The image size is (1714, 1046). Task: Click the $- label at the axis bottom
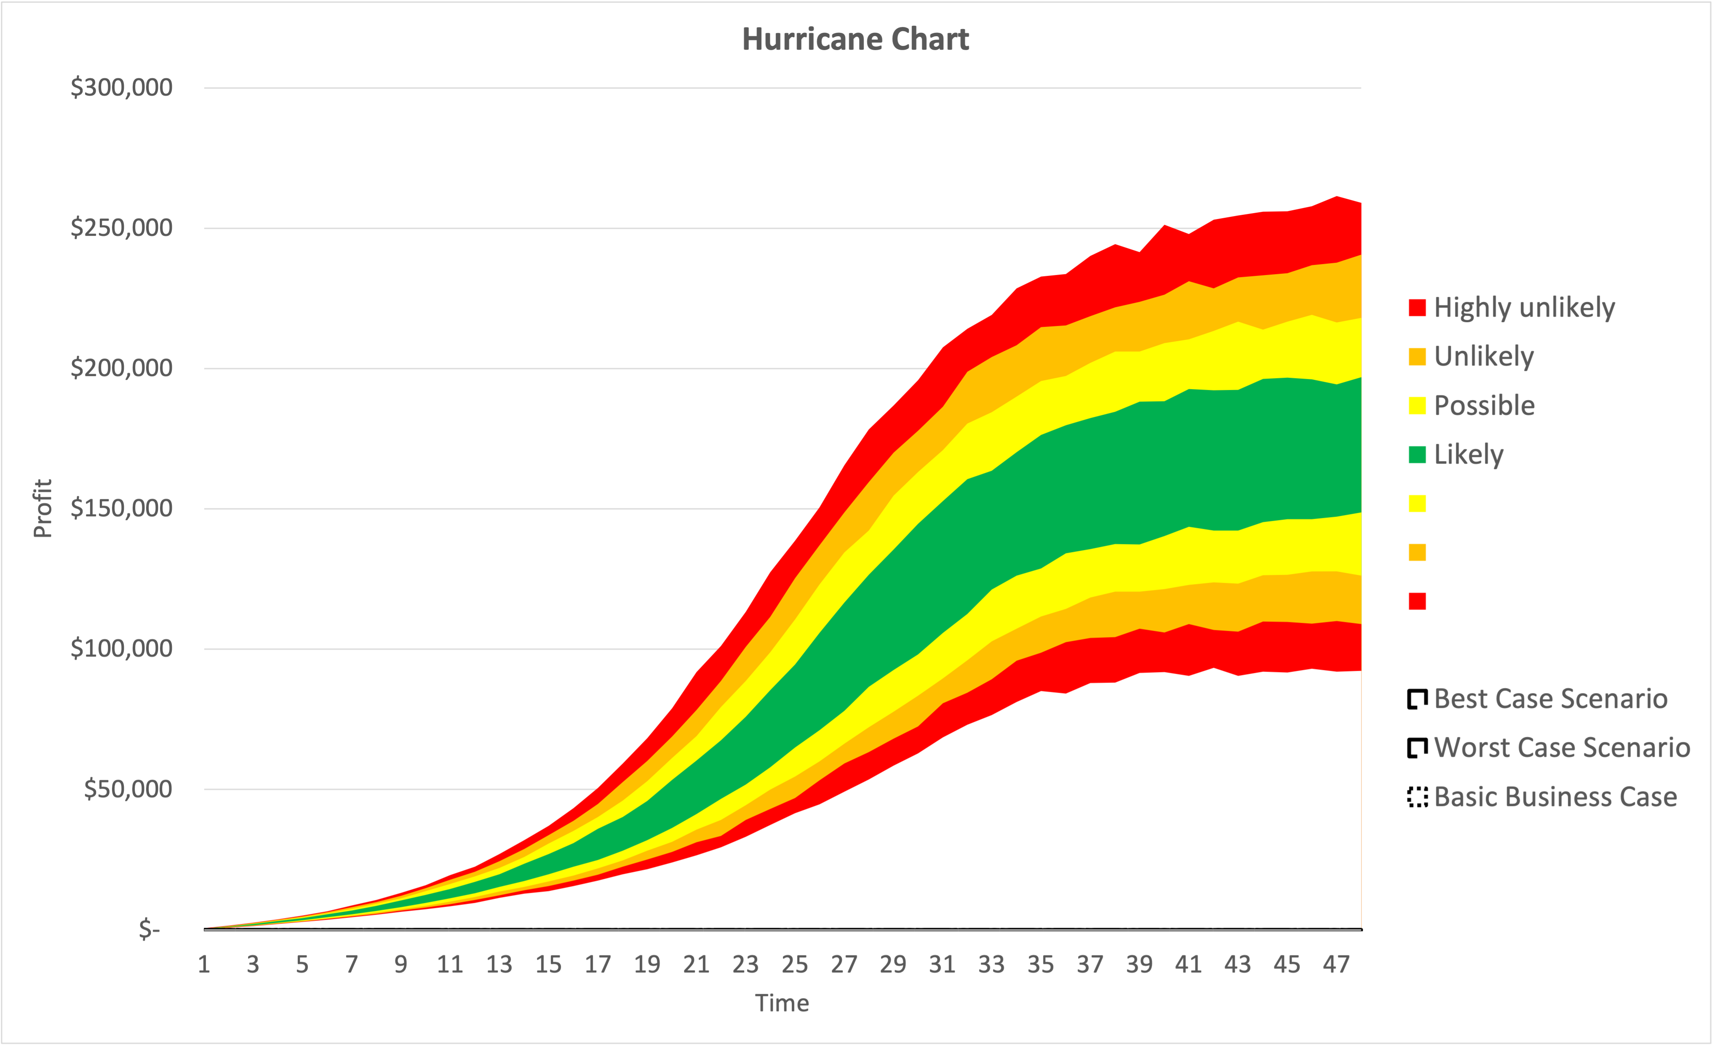pos(150,929)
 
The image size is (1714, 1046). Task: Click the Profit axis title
pos(43,508)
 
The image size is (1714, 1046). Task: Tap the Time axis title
pos(782,1003)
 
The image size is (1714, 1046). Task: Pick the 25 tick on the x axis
pos(794,965)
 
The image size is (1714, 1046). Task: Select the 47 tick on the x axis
pos(1335,965)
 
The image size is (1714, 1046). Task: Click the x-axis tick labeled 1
pos(204,965)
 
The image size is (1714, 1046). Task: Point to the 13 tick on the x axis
pos(499,965)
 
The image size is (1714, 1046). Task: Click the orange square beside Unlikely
pos(1417,357)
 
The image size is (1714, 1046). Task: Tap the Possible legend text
pos(1484,406)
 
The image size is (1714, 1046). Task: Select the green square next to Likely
pos(1417,455)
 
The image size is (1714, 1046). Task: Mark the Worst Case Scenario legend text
pos(1562,747)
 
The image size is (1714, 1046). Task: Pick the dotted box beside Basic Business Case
pos(1417,797)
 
